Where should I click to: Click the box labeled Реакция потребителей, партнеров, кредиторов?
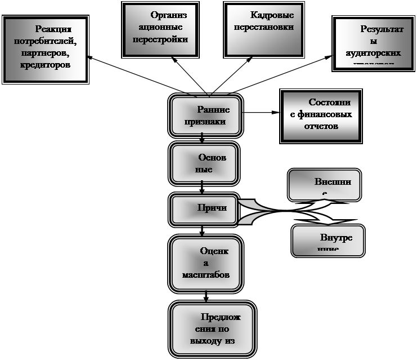point(46,50)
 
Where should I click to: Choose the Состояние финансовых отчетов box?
point(321,116)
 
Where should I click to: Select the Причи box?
point(204,208)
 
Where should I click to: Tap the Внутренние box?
point(328,240)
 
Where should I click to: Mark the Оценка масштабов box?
point(206,263)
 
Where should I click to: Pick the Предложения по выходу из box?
point(214,330)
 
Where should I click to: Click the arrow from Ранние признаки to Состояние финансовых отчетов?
point(262,113)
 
